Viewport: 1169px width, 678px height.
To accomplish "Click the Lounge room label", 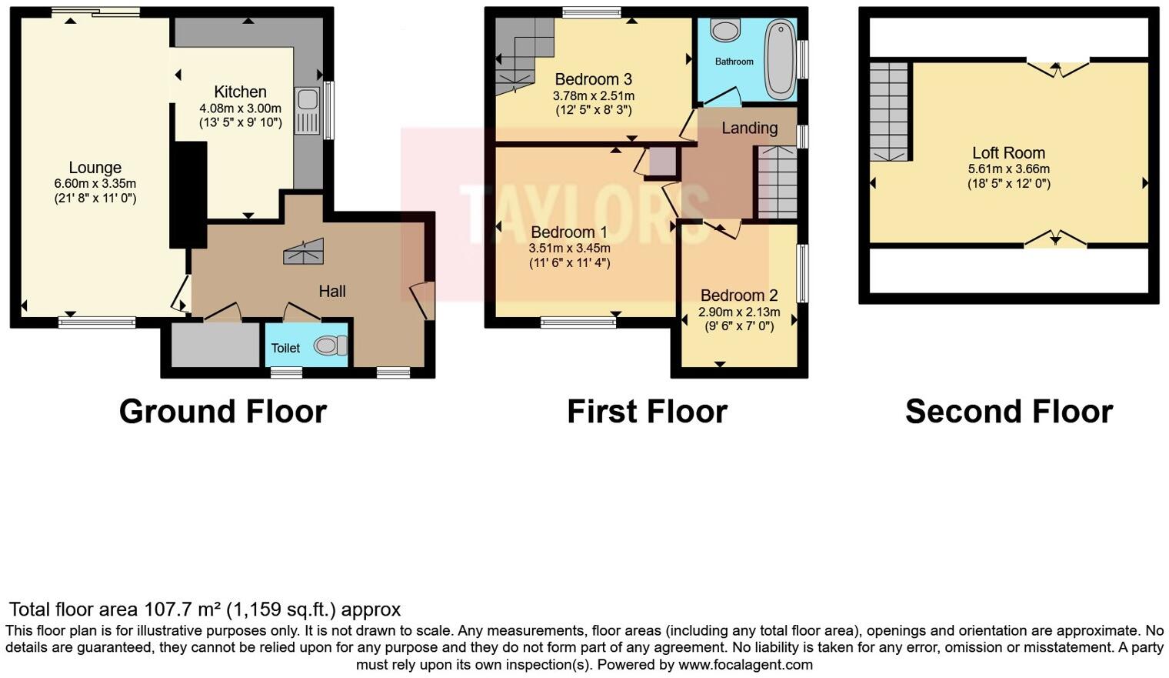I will pos(95,168).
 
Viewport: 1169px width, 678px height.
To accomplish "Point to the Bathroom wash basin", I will pos(724,30).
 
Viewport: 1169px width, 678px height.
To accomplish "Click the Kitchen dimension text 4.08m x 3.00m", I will pos(240,109).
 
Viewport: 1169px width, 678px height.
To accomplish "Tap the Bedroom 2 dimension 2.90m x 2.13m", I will pos(738,312).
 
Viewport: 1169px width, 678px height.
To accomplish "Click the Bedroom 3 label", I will pos(593,79).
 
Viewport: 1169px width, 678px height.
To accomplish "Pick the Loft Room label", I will pos(1008,153).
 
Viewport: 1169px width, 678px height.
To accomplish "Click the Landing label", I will pos(749,129).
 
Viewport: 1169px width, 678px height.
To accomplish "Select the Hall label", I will pos(332,291).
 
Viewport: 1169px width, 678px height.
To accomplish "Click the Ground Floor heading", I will pos(223,412).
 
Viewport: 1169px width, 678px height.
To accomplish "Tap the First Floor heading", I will pos(647,412).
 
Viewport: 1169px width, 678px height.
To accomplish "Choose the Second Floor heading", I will pos(1008,412).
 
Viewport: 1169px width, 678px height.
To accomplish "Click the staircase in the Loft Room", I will pos(889,112).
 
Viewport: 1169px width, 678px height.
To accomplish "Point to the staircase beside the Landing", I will pos(778,182).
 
